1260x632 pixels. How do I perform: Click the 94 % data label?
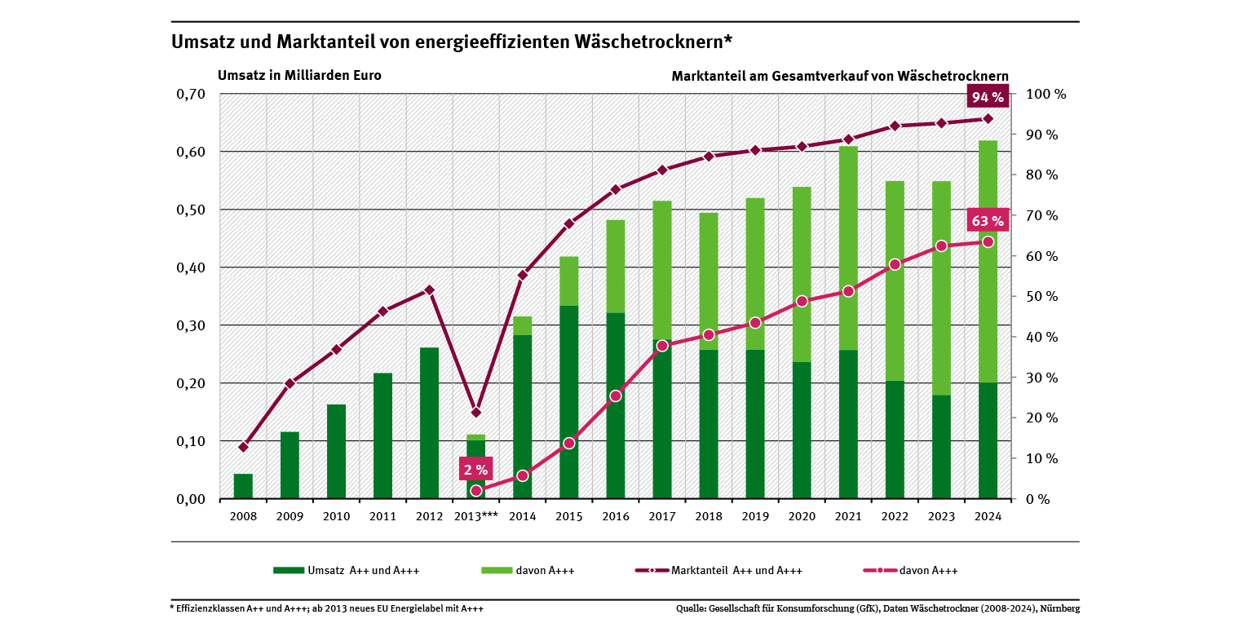pos(987,97)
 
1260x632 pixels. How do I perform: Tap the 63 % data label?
pos(987,220)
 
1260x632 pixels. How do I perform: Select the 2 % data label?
pos(475,469)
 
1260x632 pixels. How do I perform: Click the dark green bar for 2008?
pos(243,486)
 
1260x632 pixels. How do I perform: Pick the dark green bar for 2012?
pos(429,422)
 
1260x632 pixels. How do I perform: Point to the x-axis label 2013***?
pos(475,516)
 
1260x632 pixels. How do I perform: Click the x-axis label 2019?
pos(755,516)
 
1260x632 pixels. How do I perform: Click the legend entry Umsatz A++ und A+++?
pos(346,571)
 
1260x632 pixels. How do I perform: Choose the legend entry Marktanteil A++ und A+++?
pos(718,571)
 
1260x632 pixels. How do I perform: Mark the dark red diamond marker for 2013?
pos(476,412)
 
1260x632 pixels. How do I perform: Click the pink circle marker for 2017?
pos(662,346)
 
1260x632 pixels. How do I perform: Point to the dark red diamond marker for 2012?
pos(430,290)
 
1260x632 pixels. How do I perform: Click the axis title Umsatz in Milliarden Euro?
pos(299,75)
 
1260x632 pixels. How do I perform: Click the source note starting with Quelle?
pos(878,608)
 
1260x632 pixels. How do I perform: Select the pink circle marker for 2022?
pos(895,264)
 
